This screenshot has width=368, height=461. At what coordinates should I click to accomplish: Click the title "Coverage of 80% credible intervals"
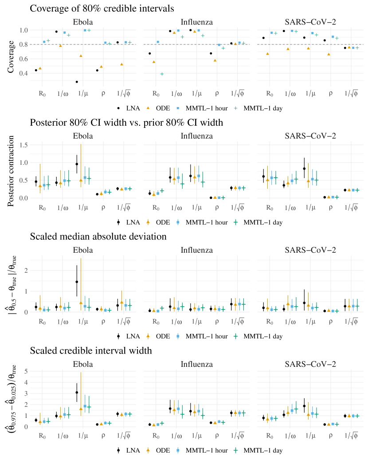coord(102,8)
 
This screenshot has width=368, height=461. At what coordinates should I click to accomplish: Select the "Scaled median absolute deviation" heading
coord(98,236)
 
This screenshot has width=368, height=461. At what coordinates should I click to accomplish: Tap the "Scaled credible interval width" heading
coord(91,350)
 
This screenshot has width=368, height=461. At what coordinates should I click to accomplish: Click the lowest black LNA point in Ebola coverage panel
coord(77,82)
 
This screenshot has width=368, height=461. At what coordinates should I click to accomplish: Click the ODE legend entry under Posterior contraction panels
coord(160,222)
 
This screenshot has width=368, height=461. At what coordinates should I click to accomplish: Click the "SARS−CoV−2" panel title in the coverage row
coord(309,22)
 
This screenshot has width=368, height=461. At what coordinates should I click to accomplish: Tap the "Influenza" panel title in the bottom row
coord(196,364)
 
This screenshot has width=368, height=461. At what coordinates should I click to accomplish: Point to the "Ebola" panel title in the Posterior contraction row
coord(83,135)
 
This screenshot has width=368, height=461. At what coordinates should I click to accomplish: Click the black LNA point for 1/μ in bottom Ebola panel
coord(77,393)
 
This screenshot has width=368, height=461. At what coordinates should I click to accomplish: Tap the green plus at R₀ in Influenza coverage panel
coord(162,74)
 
